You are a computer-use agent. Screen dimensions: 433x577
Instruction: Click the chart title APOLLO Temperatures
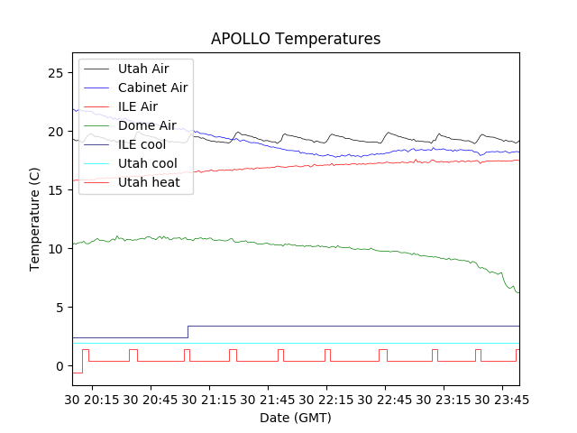(296, 39)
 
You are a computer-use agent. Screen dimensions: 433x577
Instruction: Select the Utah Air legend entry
(143, 69)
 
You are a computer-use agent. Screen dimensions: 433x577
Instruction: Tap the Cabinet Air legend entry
(152, 88)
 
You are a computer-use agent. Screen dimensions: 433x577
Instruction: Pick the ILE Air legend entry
(137, 106)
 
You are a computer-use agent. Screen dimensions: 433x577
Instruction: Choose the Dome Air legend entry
(147, 125)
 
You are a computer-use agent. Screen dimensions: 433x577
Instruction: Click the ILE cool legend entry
(141, 144)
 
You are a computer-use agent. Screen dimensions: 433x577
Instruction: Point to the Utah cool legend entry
(147, 163)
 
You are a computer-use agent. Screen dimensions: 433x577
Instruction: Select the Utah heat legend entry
(148, 182)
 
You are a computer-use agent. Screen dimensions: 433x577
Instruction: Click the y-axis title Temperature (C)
(35, 218)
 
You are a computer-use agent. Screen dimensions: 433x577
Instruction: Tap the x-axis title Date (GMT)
(296, 418)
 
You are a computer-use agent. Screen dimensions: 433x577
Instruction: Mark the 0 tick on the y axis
(61, 365)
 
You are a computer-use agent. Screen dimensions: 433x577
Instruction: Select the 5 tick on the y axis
(61, 307)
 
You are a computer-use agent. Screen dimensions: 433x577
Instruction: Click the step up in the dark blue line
(188, 332)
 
